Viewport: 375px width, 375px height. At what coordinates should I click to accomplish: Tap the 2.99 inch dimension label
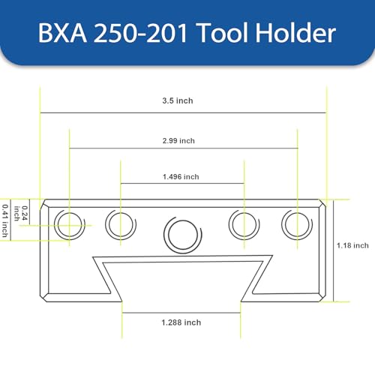pos(178,140)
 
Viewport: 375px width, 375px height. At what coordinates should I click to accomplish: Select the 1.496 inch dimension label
pos(181,177)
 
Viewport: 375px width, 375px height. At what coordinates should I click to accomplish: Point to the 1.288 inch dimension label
pos(181,322)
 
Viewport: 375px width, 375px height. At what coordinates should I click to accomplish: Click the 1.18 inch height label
pos(352,245)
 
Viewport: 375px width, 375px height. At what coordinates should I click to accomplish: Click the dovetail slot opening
pos(182,281)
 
